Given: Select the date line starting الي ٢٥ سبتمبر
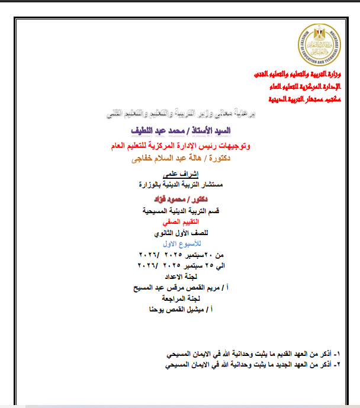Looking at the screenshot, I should pos(180,266).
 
